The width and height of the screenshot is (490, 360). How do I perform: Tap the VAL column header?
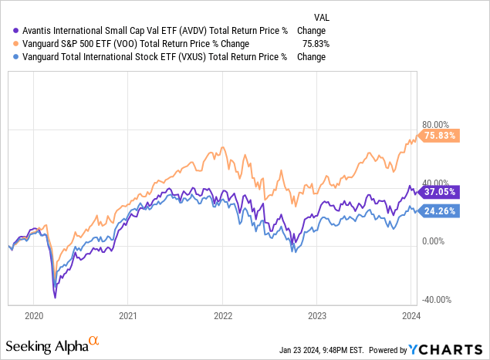point(322,17)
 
